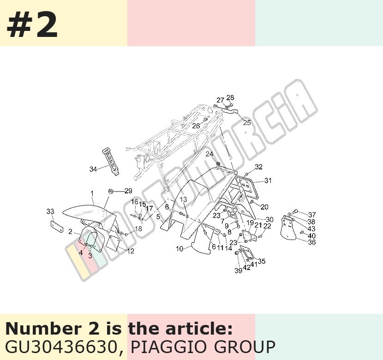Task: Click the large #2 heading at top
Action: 32,25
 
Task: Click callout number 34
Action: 93,169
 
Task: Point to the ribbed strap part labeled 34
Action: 110,162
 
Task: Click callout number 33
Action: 50,211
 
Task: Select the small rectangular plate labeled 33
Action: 57,227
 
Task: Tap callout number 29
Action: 128,191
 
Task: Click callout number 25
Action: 247,122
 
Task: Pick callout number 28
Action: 230,98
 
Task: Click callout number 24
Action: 209,154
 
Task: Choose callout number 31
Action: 268,180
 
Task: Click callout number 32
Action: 259,167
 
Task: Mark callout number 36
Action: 312,242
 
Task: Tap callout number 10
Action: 180,249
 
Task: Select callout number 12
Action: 131,251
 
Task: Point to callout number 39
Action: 239,270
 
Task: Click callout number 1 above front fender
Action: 92,193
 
